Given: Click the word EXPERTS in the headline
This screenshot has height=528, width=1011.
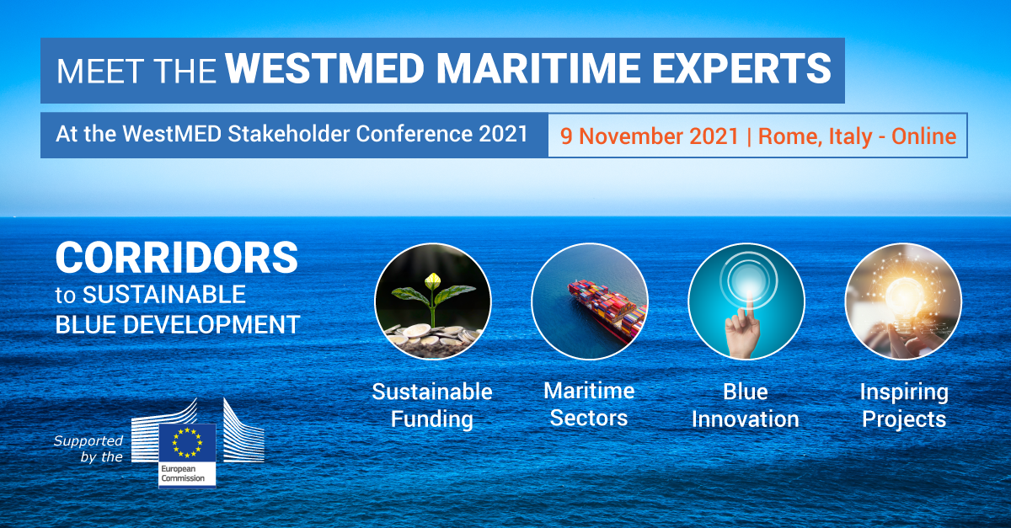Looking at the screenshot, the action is tap(741, 68).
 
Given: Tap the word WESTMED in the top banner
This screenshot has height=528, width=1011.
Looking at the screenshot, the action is tap(325, 68).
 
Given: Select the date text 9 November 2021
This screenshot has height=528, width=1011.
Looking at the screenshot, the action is tap(649, 136).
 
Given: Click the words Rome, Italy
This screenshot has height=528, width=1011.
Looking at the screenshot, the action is tap(815, 136).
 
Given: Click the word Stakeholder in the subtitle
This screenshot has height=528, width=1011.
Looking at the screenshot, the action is tap(289, 134).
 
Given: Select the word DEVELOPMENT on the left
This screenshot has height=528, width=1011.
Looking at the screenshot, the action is tap(211, 324).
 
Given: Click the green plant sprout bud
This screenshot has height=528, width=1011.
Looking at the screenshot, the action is tap(433, 281).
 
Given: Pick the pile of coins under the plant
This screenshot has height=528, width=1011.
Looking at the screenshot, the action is tap(431, 337).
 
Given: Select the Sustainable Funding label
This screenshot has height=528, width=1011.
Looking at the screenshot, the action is tap(432, 405).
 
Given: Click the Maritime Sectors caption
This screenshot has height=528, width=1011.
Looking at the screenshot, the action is tap(589, 404).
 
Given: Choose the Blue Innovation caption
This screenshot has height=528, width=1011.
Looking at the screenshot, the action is tap(745, 405).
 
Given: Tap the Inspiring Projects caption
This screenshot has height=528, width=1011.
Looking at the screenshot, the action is tap(904, 405).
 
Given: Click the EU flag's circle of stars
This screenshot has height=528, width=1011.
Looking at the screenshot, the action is tap(187, 443).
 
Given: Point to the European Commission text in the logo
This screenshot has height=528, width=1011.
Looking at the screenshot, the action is tap(183, 473).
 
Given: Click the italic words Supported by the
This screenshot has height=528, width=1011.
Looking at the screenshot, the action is tap(88, 449).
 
